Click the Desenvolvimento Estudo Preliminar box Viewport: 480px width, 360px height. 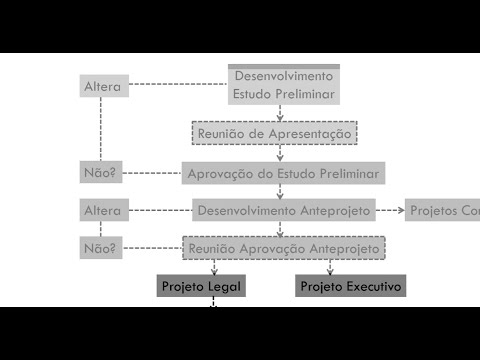284,85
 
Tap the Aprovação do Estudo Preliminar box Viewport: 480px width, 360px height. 284,173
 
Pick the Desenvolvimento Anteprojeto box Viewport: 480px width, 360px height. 284,210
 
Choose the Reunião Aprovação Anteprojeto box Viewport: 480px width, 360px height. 284,247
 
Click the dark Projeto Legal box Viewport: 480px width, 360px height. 201,286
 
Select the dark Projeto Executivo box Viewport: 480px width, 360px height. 350,286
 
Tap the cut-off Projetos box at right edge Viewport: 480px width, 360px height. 443,210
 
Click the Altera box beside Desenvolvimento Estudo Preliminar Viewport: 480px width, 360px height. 103,86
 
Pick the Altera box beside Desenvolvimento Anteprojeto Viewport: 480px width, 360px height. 103,210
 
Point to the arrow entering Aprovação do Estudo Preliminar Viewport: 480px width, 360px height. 280,157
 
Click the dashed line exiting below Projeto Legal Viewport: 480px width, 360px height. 213,302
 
